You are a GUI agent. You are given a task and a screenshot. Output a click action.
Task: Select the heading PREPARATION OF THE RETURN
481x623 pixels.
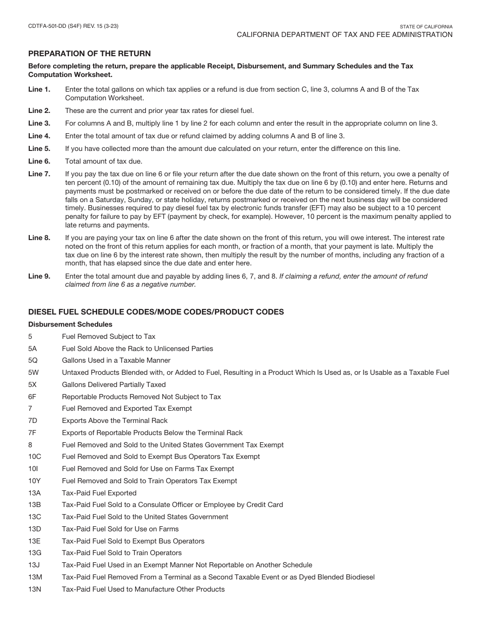pyautogui.click(x=89, y=54)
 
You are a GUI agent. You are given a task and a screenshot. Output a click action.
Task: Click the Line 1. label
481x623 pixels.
pyautogui.click(x=39, y=90)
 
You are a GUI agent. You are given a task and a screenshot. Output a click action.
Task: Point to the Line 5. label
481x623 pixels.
pyautogui.click(x=39, y=149)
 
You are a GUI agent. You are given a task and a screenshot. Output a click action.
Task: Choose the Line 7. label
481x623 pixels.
pyautogui.click(x=39, y=174)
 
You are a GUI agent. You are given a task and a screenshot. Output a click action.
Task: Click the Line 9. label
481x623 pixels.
pyautogui.click(x=39, y=277)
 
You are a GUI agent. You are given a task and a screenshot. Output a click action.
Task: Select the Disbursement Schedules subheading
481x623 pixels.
pyautogui.click(x=70, y=324)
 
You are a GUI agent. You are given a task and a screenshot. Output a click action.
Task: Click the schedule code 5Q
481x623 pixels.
pyautogui.click(x=33, y=361)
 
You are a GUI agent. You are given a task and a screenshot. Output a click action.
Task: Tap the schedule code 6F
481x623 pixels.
pyautogui.click(x=32, y=397)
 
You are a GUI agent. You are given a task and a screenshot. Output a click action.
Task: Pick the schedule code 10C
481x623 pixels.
pyautogui.click(x=34, y=457)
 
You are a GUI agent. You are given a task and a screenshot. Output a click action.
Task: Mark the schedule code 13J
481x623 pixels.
pyautogui.click(x=34, y=565)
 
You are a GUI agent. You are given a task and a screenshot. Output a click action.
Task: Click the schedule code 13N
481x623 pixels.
pyautogui.click(x=35, y=590)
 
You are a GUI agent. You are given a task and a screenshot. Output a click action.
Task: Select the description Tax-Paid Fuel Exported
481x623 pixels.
pyautogui.click(x=99, y=493)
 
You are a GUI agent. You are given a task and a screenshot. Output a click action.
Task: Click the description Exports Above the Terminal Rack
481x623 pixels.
pyautogui.click(x=114, y=421)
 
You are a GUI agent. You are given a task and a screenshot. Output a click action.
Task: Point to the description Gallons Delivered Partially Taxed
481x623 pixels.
pyautogui.click(x=114, y=385)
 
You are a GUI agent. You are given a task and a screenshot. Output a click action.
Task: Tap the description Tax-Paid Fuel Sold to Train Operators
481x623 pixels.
pyautogui.click(x=122, y=553)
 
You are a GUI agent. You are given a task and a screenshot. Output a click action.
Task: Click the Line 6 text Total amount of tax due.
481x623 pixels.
pyautogui.click(x=104, y=162)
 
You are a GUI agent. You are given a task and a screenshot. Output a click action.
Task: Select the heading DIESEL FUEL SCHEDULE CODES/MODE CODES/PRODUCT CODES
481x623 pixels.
pyautogui.click(x=156, y=312)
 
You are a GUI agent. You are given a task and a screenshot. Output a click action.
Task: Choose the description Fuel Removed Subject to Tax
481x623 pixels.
pyautogui.click(x=108, y=337)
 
